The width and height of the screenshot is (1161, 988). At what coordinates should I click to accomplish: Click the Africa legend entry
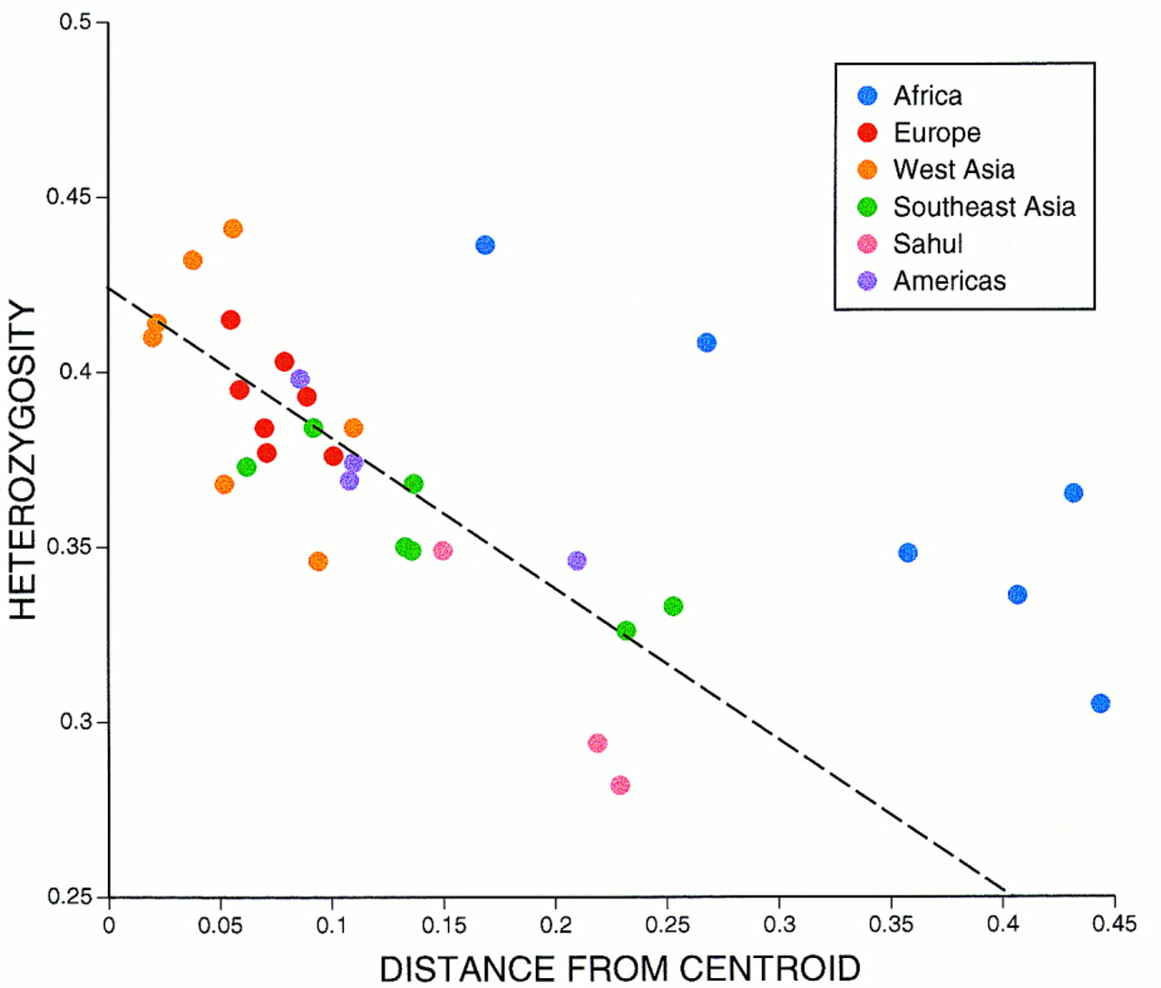927,96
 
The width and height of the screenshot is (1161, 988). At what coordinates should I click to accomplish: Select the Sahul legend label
927,244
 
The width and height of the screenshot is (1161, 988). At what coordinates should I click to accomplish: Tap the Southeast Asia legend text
984,207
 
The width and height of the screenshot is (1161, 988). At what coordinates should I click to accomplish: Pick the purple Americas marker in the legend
868,281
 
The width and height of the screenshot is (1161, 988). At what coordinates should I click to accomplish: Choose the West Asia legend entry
953,170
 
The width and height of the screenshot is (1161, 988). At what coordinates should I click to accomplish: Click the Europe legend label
937,133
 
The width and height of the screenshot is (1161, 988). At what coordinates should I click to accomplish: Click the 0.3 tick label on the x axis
779,924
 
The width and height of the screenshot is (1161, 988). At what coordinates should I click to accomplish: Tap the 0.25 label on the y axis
70,896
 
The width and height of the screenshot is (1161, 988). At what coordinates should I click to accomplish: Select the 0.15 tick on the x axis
444,924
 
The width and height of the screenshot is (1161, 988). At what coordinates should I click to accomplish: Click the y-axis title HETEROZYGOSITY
23,461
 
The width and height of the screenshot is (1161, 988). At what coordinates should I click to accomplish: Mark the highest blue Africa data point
485,245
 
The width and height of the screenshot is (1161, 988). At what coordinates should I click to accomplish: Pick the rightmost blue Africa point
1100,703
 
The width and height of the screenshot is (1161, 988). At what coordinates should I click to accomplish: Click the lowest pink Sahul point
620,785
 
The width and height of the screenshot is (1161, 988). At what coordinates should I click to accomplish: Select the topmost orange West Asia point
233,229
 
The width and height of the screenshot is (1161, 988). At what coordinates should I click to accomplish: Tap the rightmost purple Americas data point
577,561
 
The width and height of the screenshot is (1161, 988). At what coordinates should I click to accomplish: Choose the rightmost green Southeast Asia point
673,606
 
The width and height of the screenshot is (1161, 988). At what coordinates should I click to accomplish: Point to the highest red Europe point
230,319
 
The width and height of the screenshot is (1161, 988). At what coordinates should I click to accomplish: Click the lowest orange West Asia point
317,562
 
